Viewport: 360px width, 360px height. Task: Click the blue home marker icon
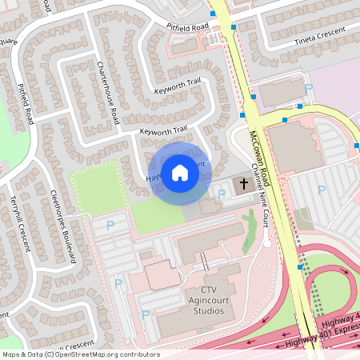180,173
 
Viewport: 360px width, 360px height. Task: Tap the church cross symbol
243,186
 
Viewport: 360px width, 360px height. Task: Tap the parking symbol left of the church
222,194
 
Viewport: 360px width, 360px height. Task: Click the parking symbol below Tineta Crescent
309,89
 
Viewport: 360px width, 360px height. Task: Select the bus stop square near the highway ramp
299,268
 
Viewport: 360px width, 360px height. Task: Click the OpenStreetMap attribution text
80,354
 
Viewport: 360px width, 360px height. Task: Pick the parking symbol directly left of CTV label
146,315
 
